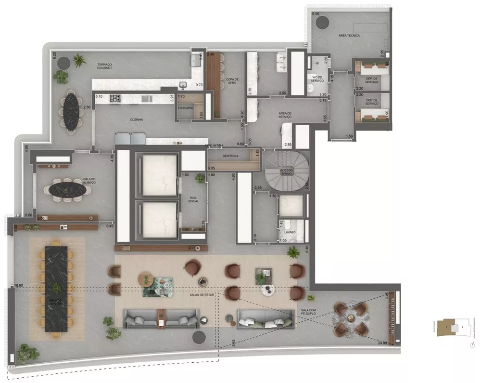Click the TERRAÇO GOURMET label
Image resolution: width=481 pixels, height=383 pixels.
pos(104,66)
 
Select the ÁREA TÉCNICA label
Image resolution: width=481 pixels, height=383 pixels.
pos(349,36)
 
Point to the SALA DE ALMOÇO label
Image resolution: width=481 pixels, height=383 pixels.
pos(89,181)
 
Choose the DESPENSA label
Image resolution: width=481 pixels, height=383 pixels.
pos(230,156)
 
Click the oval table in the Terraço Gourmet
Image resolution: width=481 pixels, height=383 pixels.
pos(71,111)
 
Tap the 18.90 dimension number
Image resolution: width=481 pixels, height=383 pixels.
pos(19,285)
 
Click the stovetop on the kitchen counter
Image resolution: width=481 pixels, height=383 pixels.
pos(115,98)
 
